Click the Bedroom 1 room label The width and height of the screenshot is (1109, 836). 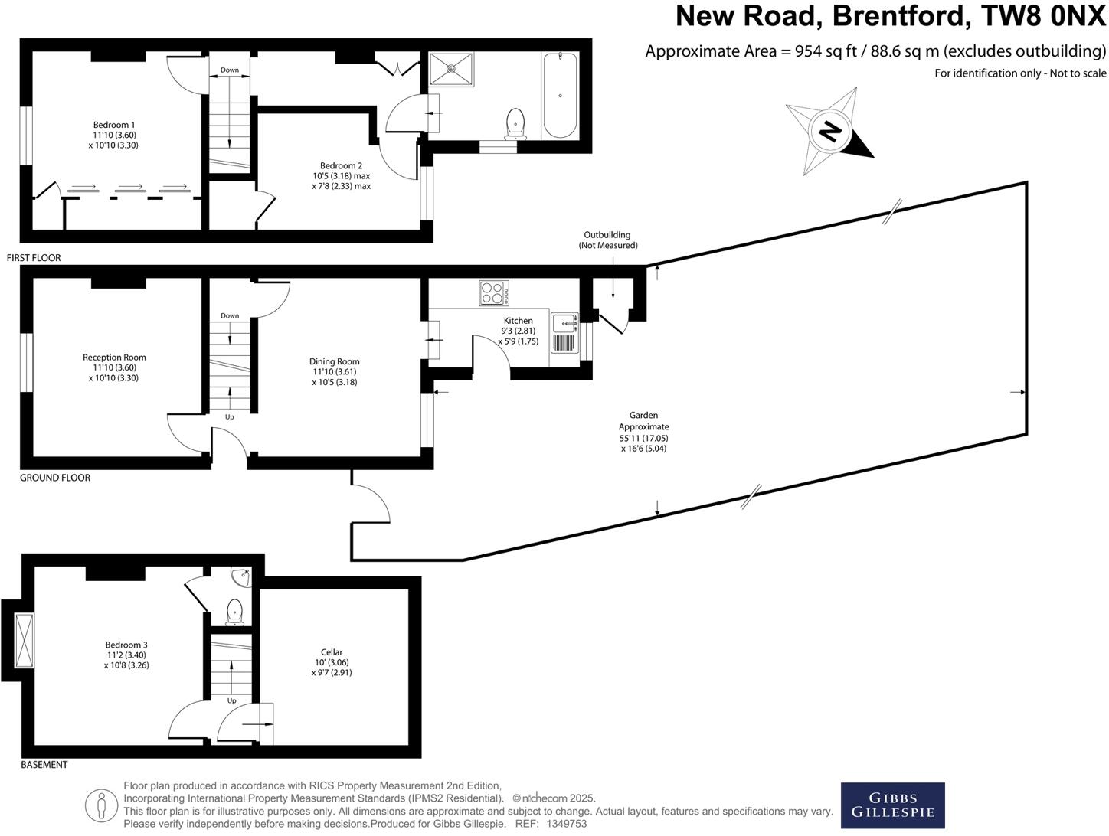coord(114,135)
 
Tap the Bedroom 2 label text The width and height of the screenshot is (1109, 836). coord(341,175)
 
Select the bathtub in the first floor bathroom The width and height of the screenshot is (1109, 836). coord(560,96)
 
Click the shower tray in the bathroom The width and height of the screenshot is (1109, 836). coord(451,68)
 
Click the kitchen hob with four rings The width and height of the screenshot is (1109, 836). coord(494,293)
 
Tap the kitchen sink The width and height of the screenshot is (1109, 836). coord(564,333)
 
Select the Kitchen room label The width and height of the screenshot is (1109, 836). coord(519,331)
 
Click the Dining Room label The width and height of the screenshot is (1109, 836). coord(335,371)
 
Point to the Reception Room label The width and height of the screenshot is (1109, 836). coord(114,367)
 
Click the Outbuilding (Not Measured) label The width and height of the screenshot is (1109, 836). coord(607,240)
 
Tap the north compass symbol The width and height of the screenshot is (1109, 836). coord(829,131)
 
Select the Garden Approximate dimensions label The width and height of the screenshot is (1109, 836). coord(643,433)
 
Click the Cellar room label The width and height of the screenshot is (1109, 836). coord(332,662)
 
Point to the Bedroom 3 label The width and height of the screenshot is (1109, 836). coord(126,655)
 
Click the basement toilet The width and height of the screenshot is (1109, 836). coord(235,612)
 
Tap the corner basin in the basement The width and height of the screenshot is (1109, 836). coord(241,575)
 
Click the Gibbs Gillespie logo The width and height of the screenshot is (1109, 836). coord(892,805)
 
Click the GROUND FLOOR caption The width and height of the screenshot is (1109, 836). coord(55,478)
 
